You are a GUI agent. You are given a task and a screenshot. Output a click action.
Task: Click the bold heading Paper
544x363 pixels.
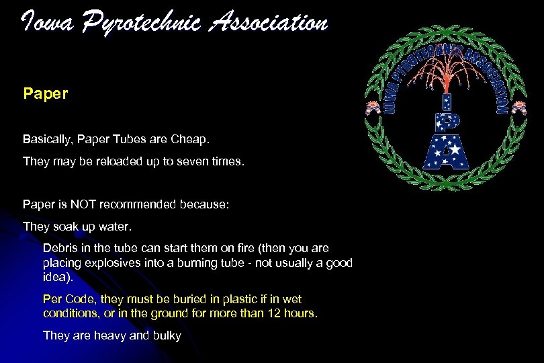pos(45,93)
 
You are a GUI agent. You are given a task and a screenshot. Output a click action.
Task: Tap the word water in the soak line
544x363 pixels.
pos(117,226)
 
